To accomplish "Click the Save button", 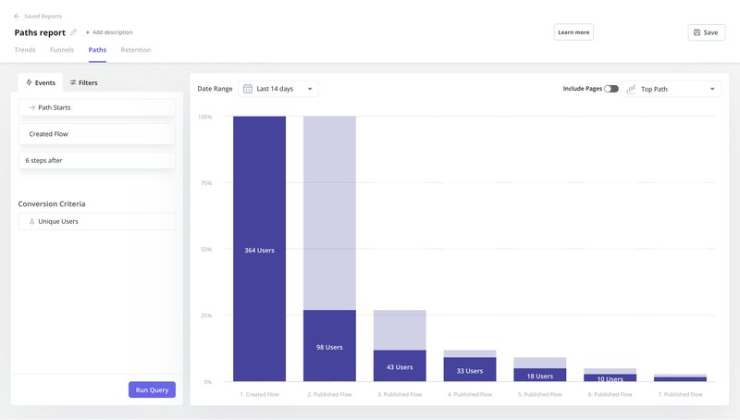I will [x=706, y=32].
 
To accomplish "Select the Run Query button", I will [x=152, y=389].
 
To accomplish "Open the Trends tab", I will [x=25, y=50].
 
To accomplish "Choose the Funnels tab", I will [x=62, y=50].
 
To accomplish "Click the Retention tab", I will [x=136, y=50].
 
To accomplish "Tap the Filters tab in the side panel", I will [x=84, y=82].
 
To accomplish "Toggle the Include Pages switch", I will [x=611, y=89].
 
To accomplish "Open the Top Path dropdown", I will [x=672, y=89].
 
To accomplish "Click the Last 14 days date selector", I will [x=278, y=89].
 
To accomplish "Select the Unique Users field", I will [x=96, y=221].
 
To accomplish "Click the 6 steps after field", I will [x=96, y=160].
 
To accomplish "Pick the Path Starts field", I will [x=96, y=107].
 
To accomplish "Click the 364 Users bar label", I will [x=259, y=251].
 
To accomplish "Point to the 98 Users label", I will [x=329, y=347].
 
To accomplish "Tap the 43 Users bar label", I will [x=400, y=367].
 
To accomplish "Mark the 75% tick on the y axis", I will [x=206, y=183].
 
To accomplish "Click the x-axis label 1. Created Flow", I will [x=259, y=394].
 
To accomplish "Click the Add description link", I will [x=109, y=32].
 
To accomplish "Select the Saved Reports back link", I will [x=39, y=17].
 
